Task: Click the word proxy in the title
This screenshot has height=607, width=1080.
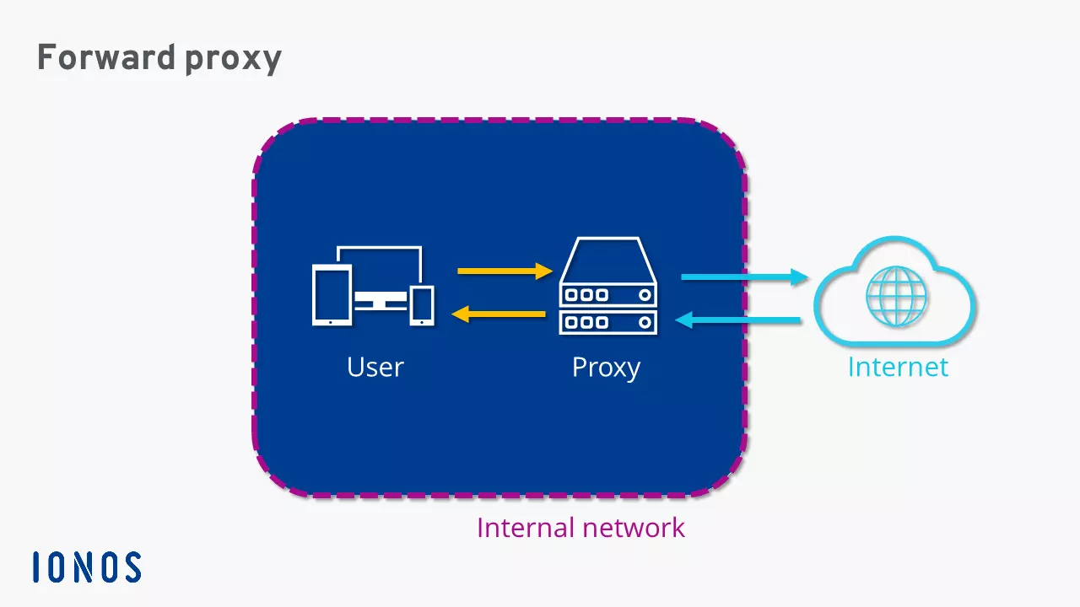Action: click(x=230, y=58)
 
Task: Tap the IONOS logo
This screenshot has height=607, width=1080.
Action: click(x=87, y=567)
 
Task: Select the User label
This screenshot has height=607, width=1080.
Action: click(x=375, y=368)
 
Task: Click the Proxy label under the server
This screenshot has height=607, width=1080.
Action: click(x=606, y=368)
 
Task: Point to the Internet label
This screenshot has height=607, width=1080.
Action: click(x=898, y=368)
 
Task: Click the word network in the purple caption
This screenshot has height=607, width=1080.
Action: click(x=635, y=528)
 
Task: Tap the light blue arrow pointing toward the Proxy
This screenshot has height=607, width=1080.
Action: click(x=738, y=320)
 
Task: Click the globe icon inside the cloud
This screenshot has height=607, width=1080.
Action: click(x=896, y=296)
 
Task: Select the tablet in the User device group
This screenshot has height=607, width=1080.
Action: click(x=331, y=294)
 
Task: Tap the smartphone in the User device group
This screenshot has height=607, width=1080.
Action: click(x=422, y=304)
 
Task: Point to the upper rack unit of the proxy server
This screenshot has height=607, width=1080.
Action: click(x=607, y=295)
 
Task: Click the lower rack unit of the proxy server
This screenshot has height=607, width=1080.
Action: click(x=607, y=321)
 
